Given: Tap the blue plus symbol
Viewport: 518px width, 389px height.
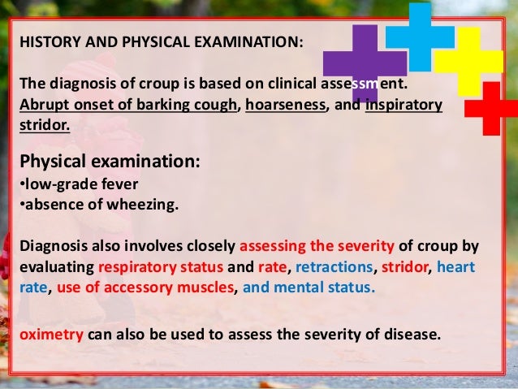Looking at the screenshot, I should coord(419,37).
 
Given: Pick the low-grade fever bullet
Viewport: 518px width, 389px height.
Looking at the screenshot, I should coord(74,184).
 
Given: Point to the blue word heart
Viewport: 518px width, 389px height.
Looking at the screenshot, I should coord(458,266).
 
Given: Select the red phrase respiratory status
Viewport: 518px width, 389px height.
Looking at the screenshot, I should coord(148,266).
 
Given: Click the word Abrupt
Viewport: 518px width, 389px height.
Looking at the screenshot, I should coord(37,106).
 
